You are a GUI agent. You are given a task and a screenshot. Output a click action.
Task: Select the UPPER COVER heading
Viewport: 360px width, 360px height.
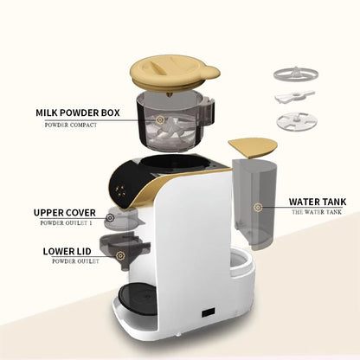click(x=65, y=212)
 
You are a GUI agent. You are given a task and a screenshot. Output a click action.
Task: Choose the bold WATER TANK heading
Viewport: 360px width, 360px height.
click(x=319, y=202)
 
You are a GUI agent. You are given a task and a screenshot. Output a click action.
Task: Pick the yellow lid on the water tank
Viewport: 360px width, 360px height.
click(x=252, y=145)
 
